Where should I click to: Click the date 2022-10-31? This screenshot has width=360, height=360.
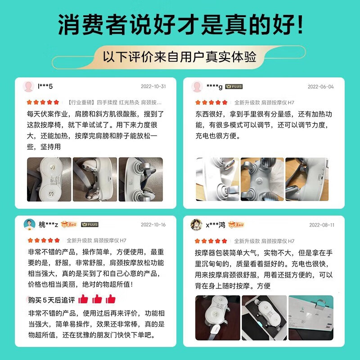153,86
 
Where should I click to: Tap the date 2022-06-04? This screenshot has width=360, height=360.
320,86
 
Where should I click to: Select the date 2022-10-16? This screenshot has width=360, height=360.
153,225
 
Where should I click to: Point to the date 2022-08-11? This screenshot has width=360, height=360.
322,225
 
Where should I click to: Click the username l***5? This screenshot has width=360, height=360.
45,86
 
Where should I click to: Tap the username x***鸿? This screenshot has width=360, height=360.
216,225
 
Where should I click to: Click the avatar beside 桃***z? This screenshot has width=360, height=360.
29,224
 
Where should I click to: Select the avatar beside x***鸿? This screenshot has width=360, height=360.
196,225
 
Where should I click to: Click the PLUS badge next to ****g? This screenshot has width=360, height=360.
234,86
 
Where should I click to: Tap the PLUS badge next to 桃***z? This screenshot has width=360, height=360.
90,224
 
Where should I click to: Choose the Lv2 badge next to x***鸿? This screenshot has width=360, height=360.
236,225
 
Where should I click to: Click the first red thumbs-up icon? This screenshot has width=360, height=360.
83,299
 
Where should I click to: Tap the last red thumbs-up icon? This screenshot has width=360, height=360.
110,299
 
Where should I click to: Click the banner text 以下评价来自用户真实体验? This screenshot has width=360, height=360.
179,57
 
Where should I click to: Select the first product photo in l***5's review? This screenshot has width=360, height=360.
49,179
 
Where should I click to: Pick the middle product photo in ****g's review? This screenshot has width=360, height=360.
262,179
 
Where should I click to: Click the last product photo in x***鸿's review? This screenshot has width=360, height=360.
311,318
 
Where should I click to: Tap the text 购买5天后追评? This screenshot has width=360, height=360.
52,300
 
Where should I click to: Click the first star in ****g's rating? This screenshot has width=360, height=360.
198,103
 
